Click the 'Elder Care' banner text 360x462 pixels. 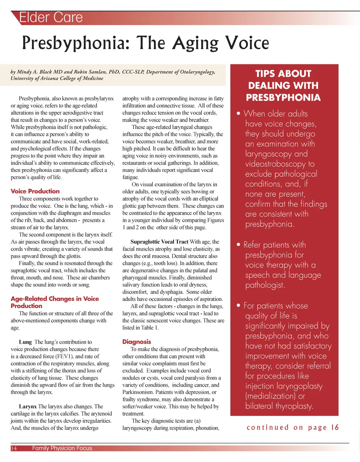coord(51,18)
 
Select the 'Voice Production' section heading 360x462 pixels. coord(35,191)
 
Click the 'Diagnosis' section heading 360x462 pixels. coord(137,342)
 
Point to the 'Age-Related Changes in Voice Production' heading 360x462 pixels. coord(54,302)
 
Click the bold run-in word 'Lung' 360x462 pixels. coord(25,342)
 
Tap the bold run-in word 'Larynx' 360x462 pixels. coord(28,406)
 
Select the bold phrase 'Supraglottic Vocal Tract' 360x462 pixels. coord(159,242)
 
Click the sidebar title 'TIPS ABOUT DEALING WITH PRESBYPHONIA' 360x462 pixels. coord(283,85)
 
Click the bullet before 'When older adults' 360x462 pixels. coord(239,114)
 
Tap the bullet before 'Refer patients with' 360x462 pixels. coord(239,245)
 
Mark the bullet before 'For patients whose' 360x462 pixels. coord(239,306)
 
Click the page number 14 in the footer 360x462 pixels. coord(14,448)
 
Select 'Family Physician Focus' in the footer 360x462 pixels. coord(62,448)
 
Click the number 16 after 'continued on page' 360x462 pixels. coord(335,428)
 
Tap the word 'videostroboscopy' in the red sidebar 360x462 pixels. coord(275,164)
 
